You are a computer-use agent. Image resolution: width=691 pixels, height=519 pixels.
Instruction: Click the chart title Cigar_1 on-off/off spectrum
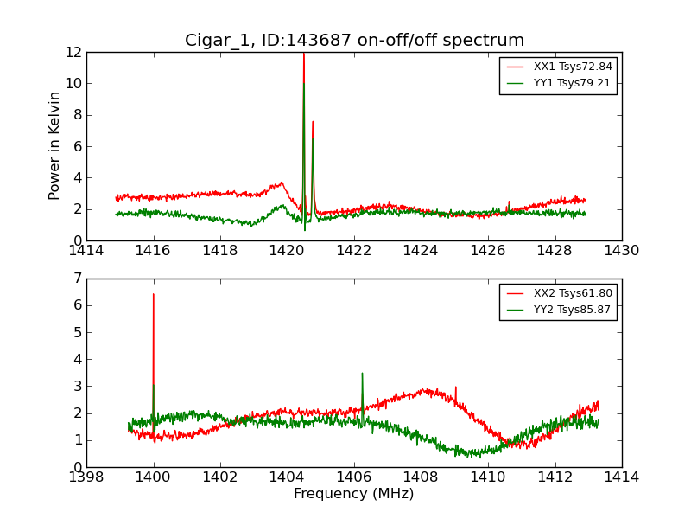[x=354, y=41]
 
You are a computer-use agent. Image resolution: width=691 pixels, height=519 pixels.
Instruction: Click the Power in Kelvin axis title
[x=55, y=145]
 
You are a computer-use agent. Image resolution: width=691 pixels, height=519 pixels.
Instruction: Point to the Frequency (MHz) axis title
[x=354, y=494]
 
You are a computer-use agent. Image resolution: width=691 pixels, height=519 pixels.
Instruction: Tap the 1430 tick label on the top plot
[x=621, y=251]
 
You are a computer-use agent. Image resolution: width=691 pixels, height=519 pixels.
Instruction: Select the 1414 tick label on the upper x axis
[x=87, y=251]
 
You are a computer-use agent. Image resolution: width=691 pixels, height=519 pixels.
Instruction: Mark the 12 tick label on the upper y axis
[x=73, y=52]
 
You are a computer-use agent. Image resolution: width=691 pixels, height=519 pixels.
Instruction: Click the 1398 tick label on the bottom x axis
[x=87, y=477]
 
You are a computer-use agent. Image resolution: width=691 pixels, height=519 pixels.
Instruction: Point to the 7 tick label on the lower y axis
[x=78, y=279]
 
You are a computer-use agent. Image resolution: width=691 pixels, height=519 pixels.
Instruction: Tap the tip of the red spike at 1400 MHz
[x=154, y=294]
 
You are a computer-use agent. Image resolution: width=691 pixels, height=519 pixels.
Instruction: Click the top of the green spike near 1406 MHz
[x=362, y=374]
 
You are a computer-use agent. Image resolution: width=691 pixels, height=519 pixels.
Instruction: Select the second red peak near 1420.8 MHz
[x=313, y=122]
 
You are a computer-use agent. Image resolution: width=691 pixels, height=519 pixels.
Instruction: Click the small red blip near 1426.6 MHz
[x=509, y=202]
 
